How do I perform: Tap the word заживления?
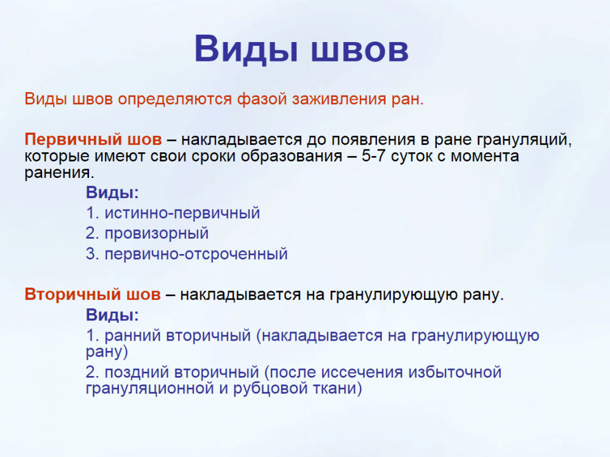click(x=339, y=99)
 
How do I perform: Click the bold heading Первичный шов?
click(x=93, y=139)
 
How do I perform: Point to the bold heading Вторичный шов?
click(x=93, y=294)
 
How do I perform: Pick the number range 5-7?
click(x=373, y=156)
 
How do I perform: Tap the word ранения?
click(x=59, y=172)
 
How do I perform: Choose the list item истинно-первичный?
click(x=182, y=213)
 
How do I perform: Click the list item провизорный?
click(x=156, y=233)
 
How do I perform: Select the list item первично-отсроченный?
click(x=196, y=254)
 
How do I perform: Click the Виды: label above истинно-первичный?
click(x=112, y=193)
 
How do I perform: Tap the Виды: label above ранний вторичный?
click(x=112, y=315)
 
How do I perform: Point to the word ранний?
click(x=132, y=335)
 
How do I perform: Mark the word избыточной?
click(x=455, y=372)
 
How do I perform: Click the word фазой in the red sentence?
click(x=262, y=99)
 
